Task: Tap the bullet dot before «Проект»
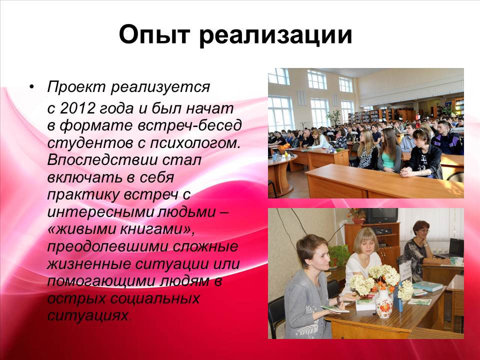pyautogui.click(x=31, y=87)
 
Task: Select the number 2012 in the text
pyautogui.click(x=77, y=108)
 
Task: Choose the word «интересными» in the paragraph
pyautogui.click(x=100, y=212)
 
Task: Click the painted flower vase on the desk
pyautogui.click(x=384, y=303)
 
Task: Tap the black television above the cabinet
pyautogui.click(x=381, y=215)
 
